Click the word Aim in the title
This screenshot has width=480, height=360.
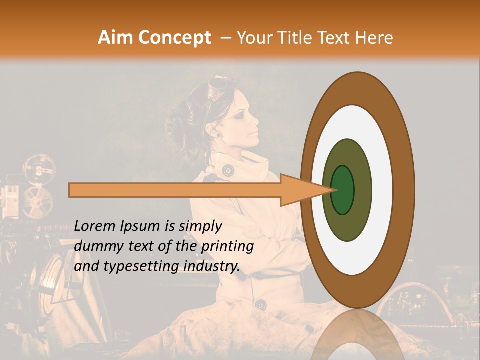pos(116,38)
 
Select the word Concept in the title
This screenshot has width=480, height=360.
pos(174,38)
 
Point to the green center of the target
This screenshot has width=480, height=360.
pos(342,190)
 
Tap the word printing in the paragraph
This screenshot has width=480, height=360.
pos(227,247)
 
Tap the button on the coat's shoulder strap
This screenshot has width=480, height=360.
pos(228,169)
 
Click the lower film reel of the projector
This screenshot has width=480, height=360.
pos(38,202)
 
